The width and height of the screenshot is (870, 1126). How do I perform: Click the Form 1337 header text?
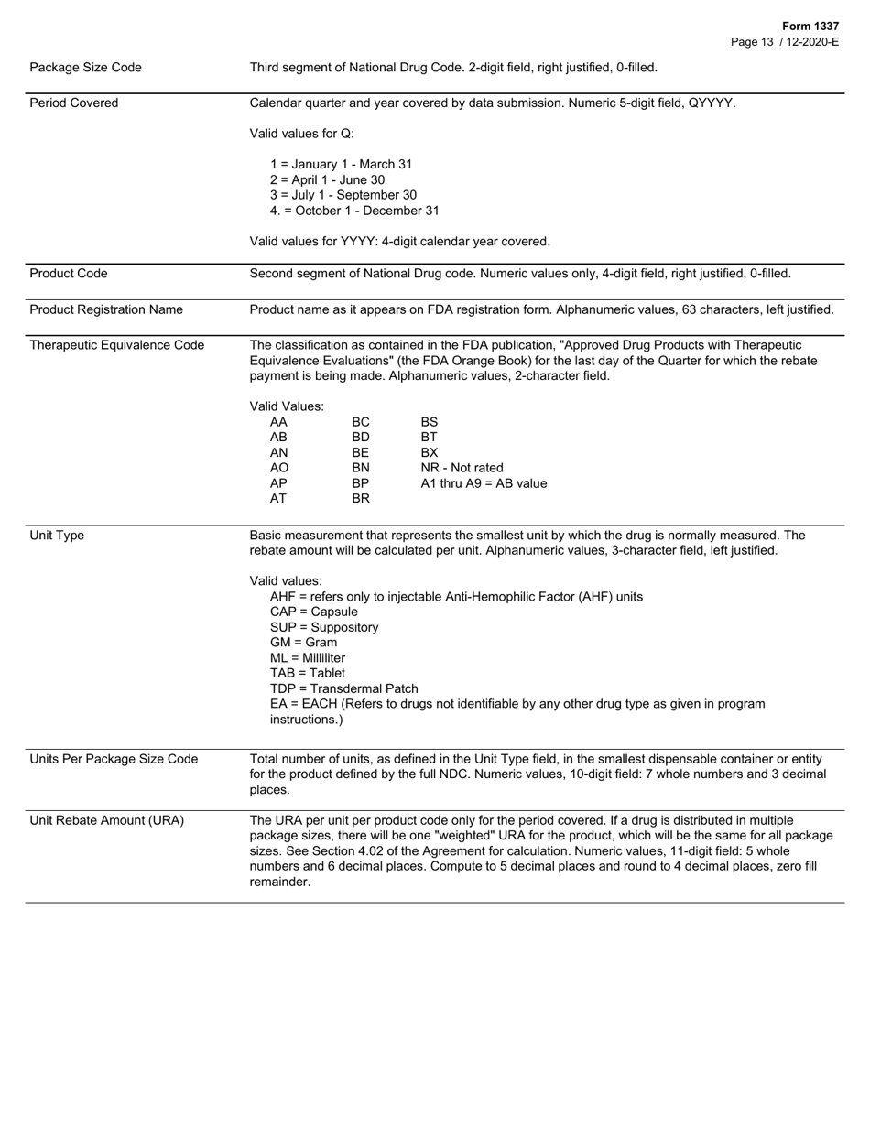810,27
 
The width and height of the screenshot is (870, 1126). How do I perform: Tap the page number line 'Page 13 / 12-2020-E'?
785,42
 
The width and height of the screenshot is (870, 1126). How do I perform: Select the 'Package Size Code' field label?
86,68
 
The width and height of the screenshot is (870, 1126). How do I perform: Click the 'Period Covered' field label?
74,103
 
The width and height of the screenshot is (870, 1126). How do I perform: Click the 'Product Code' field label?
69,274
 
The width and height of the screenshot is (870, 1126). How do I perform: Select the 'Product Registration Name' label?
106,310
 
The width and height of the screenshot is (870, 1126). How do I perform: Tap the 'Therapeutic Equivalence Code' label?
117,345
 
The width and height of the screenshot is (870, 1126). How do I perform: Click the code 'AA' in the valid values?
278,422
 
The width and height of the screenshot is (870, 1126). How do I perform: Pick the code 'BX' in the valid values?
430,453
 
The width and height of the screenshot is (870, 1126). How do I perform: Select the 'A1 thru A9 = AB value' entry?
484,483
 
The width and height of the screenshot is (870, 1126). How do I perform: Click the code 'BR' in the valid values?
361,499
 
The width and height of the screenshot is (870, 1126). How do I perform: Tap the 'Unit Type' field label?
57,536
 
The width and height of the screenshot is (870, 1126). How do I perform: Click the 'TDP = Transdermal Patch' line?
344,689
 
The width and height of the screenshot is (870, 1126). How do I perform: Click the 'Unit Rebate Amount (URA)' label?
107,820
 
